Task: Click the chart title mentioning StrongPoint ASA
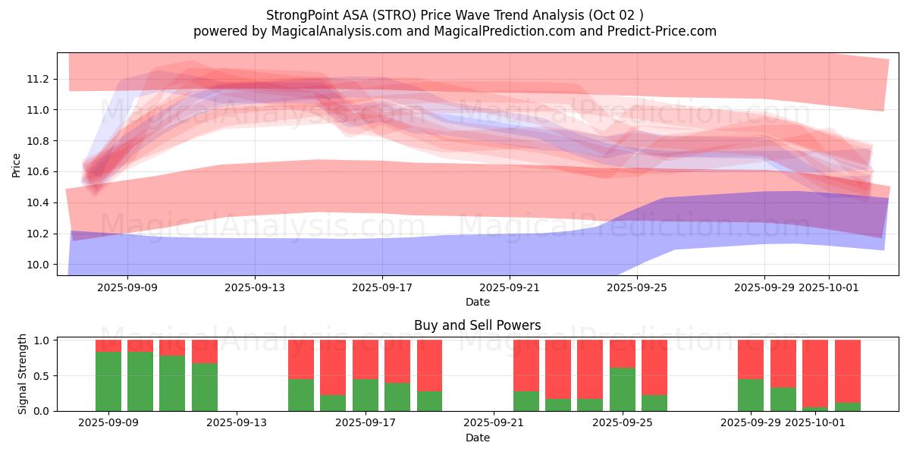pyautogui.click(x=454, y=15)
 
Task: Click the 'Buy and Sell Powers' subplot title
pyautogui.click(x=477, y=325)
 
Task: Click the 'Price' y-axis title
pyautogui.click(x=17, y=164)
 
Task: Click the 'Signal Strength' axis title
pyautogui.click(x=23, y=374)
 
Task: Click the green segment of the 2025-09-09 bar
pyautogui.click(x=108, y=381)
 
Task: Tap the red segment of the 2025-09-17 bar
pyautogui.click(x=366, y=359)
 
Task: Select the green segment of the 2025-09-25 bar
pyautogui.click(x=623, y=389)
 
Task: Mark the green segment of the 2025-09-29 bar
pyautogui.click(x=751, y=394)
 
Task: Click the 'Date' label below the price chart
pyautogui.click(x=477, y=302)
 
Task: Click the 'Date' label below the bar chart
pyautogui.click(x=477, y=438)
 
